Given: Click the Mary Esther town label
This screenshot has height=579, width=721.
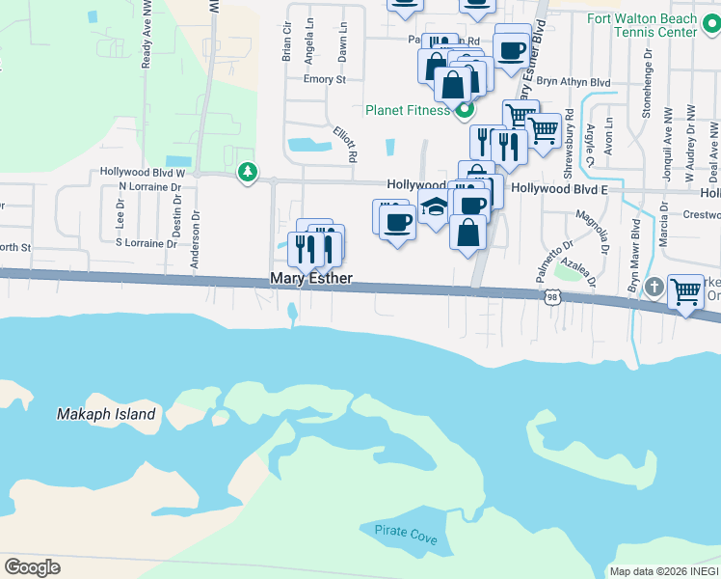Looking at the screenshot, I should coord(310,279).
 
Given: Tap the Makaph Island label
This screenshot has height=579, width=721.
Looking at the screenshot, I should coord(106,414).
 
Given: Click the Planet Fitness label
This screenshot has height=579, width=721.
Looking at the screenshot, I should coord(407,110).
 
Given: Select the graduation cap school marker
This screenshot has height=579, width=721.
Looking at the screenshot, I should coord(434,207).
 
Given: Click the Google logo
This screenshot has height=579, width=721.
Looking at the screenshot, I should coord(32,567).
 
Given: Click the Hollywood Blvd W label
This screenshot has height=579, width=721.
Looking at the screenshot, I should coord(142,173).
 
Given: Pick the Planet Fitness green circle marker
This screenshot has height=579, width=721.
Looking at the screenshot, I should coord(463,109).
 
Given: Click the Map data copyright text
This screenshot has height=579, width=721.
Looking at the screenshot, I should coord(663,571).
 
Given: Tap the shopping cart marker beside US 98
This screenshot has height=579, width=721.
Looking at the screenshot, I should coord(685,289).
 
